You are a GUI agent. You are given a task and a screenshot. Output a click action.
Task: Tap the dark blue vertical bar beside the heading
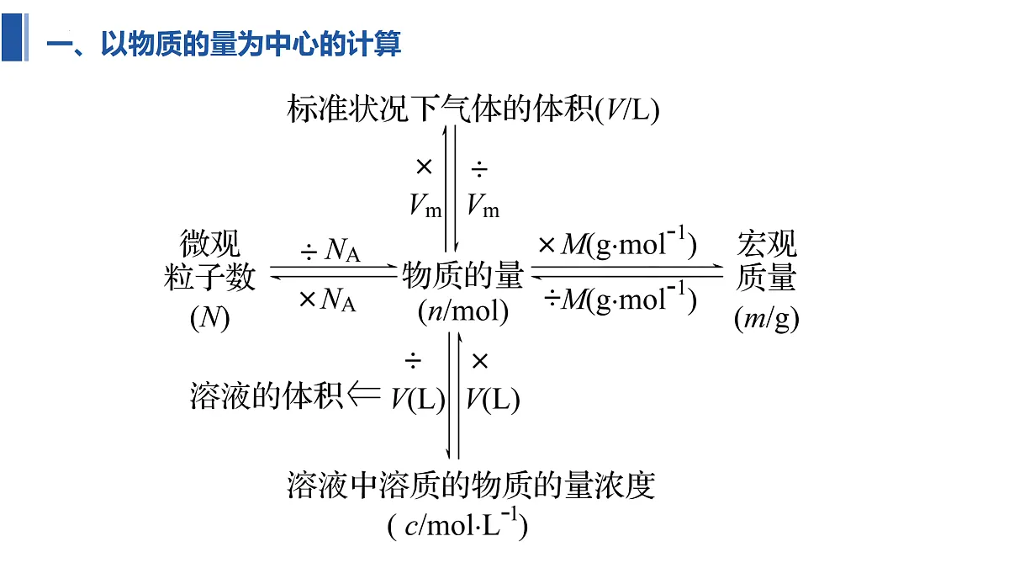pos(12,37)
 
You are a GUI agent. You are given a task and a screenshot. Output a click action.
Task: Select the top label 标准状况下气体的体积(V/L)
pos(473,109)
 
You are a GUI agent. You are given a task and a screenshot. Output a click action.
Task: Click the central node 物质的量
pos(462,275)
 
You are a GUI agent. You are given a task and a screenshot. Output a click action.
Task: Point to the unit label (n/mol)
pos(463,311)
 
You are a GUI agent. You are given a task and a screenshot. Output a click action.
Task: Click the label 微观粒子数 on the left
pos(210,260)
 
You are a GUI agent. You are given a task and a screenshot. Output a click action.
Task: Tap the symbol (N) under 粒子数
pos(210,317)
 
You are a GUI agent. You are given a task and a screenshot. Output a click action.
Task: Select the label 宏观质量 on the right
pos(767,260)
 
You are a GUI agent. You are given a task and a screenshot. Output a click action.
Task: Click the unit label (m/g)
pos(767,318)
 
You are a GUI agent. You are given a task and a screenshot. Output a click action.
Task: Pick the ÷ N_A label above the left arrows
pos(330,250)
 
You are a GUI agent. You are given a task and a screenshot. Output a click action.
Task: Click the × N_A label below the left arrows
pos(327,300)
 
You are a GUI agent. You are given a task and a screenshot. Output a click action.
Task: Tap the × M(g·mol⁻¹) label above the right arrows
pos(617,243)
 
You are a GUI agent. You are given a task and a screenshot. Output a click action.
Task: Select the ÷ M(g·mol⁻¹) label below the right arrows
pos(620,298)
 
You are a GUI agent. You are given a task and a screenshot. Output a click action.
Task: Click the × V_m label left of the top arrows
pos(425,188)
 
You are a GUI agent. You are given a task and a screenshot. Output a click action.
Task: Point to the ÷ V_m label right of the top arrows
pos(483,188)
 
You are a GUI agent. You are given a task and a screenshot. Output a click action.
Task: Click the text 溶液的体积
pos(267,396)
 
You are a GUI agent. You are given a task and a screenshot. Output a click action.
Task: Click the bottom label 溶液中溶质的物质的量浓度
pos(471,486)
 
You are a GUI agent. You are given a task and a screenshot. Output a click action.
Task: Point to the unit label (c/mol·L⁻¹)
pos(457,524)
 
